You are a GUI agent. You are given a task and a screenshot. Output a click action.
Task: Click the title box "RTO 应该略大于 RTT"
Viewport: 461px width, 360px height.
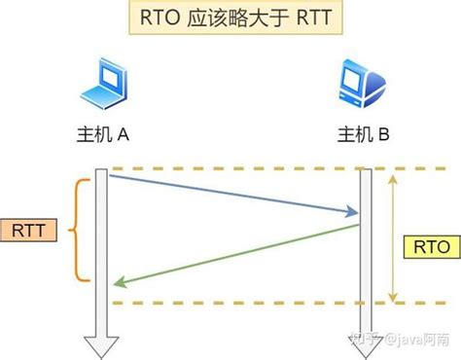(230, 20)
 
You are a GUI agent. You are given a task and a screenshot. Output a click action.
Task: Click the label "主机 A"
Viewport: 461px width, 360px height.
(102, 135)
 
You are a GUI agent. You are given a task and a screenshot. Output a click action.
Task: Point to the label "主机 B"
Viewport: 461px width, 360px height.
(362, 135)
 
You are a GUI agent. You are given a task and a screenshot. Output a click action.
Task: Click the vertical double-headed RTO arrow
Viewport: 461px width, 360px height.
(393, 234)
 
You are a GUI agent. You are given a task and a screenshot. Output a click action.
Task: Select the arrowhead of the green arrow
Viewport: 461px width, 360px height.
(117, 283)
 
